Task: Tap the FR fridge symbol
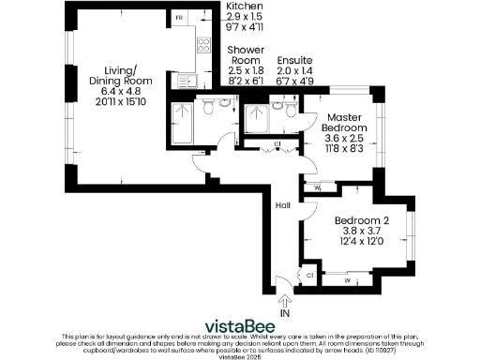click(x=179, y=19)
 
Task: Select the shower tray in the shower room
click(x=182, y=118)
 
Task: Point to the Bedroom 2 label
click(x=368, y=221)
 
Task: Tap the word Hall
click(x=282, y=205)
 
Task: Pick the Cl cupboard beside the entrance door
click(x=308, y=274)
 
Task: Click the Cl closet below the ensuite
click(x=277, y=144)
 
